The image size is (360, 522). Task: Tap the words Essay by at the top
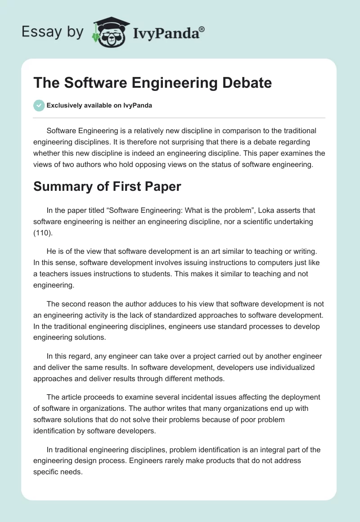[x=52, y=32]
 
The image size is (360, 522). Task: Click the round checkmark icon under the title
[x=39, y=106]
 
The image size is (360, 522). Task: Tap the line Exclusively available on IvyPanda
[x=99, y=106]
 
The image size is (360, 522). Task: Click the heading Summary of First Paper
[x=107, y=186]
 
